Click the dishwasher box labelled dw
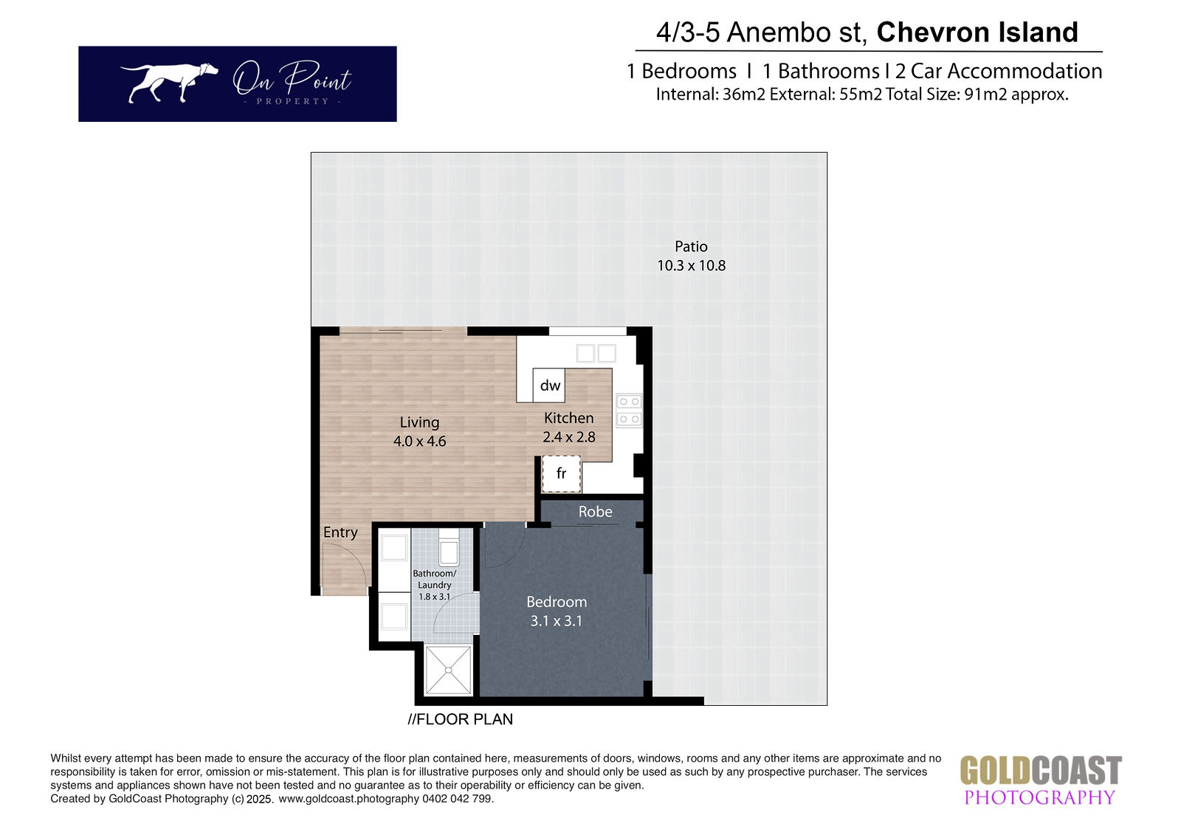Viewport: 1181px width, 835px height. pos(549,385)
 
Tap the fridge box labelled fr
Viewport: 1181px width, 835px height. pos(562,474)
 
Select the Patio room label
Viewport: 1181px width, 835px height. pos(691,247)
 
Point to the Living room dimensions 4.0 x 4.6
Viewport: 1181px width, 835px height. pos(420,441)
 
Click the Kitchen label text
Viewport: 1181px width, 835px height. pos(569,419)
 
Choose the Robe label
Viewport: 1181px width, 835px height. pos(595,512)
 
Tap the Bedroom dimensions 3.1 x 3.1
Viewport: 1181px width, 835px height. pos(557,622)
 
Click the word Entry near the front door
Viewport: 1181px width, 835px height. pos(340,533)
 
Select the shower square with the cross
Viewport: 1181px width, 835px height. pos(448,670)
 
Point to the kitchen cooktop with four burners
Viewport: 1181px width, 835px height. pos(629,410)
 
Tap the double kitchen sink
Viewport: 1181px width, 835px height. pos(596,354)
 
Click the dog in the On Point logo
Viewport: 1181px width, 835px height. pos(169,82)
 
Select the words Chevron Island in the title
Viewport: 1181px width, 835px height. pos(977,32)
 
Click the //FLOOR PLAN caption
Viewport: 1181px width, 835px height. pos(461,720)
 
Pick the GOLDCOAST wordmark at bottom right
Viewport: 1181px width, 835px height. pos(1041,771)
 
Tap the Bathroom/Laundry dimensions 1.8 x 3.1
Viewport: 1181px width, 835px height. pos(435,597)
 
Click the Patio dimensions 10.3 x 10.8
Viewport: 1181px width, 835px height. pos(691,266)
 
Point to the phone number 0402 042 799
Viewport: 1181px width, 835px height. pos(457,799)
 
